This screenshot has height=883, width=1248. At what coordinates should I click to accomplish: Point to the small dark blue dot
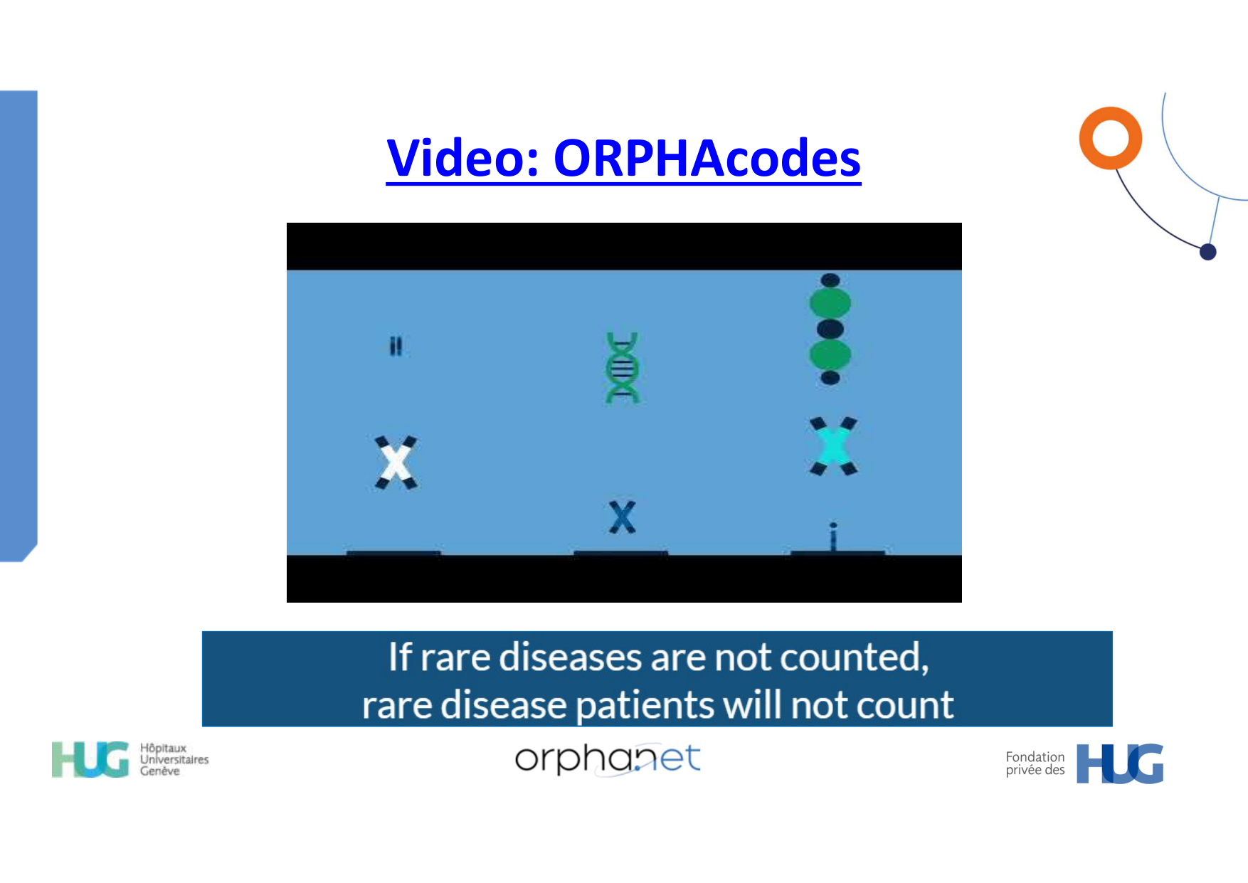click(1207, 252)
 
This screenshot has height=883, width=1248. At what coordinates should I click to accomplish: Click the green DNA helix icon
click(623, 367)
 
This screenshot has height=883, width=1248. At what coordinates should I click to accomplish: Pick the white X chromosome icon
click(396, 462)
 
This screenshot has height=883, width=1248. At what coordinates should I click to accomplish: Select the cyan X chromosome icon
click(833, 446)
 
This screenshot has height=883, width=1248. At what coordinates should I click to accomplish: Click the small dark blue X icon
click(622, 517)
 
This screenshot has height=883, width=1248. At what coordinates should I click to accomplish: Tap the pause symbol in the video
click(396, 347)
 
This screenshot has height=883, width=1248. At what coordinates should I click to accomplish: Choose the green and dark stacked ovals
click(830, 329)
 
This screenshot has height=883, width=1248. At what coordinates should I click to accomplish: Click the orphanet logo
click(608, 759)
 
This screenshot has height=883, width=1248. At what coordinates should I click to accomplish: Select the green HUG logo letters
click(90, 759)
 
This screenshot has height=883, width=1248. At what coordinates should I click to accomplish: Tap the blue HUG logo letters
click(1120, 763)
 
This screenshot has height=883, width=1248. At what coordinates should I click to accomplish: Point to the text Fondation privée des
click(1035, 763)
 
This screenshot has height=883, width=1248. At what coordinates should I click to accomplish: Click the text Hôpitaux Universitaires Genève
click(174, 759)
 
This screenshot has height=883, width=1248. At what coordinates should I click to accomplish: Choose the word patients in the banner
click(645, 706)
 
